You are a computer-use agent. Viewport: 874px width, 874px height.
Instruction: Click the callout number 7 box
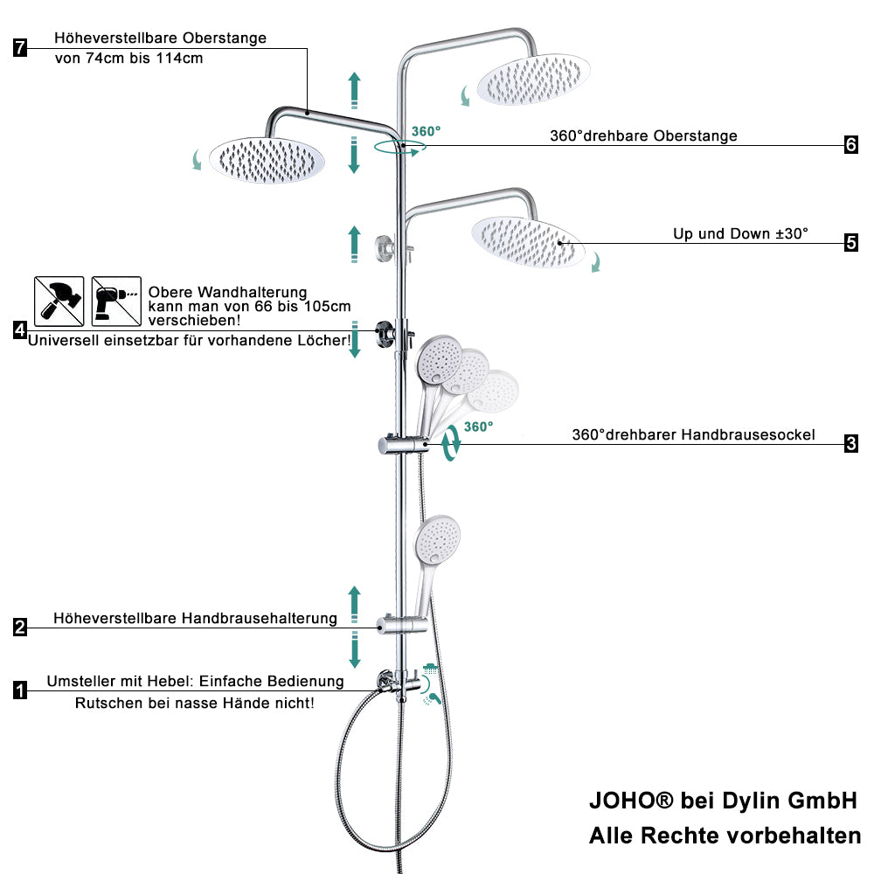pos(20,47)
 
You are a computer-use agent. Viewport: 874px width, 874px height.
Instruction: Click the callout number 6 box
pos(851,145)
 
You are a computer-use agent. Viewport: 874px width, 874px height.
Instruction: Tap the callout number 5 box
pos(851,243)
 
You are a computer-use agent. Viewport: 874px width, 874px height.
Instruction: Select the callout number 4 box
pos(20,330)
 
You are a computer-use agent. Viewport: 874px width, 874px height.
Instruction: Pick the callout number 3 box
pos(851,444)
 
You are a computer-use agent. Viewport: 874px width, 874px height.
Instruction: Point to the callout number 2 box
pos(20,627)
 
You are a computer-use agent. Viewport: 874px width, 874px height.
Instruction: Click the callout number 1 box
pos(20,690)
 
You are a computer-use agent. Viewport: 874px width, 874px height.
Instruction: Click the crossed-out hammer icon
pos(59,301)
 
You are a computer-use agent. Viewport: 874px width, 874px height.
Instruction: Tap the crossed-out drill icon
pos(116,301)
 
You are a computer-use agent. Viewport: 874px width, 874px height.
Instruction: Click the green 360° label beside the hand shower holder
pos(478,427)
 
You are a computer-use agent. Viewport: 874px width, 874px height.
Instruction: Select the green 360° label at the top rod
pos(426,132)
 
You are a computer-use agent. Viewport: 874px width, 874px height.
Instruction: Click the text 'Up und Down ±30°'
pos(740,233)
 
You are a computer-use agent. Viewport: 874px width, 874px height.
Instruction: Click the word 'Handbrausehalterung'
pos(260,618)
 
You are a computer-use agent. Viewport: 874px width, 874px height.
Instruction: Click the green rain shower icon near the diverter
pos(430,669)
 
